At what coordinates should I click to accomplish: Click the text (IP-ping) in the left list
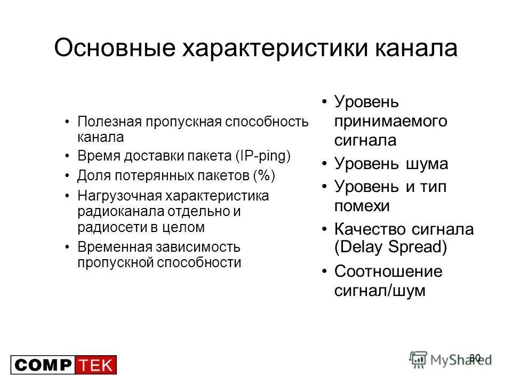[262, 156]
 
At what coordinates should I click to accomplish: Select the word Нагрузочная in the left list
[118, 196]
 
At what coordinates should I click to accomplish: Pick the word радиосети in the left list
[109, 227]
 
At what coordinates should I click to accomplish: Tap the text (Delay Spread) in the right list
[391, 247]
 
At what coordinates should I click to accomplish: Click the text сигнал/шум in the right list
[380, 291]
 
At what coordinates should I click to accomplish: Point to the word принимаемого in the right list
[391, 121]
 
